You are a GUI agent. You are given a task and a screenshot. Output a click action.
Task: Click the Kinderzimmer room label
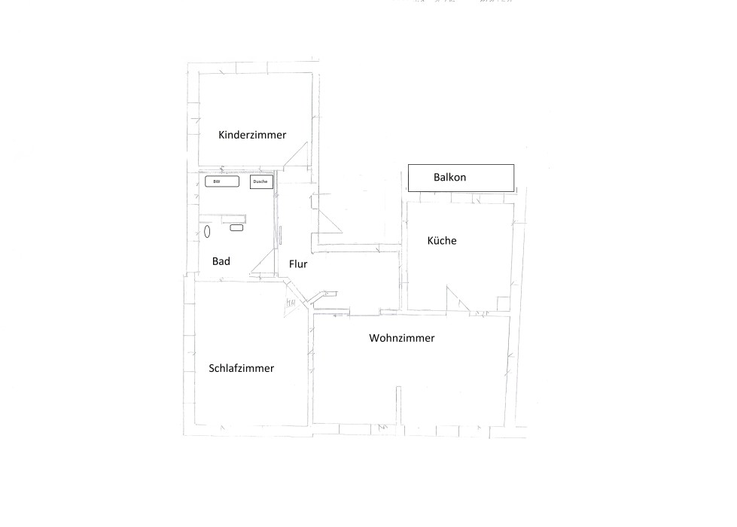click(252, 136)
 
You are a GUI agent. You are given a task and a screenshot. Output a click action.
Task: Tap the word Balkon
click(450, 178)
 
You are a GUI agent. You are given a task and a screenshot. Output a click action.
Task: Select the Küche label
click(442, 241)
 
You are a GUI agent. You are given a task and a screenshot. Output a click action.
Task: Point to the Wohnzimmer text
click(401, 339)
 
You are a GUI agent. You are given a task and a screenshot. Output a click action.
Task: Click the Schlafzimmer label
click(241, 368)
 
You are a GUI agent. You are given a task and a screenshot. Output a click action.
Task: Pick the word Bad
click(221, 261)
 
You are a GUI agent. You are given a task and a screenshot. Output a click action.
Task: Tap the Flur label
click(298, 264)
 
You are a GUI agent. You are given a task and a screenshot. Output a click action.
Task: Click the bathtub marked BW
click(222, 181)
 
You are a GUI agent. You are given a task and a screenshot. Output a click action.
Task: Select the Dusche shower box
click(260, 181)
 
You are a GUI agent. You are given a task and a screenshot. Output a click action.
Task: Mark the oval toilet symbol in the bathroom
click(207, 231)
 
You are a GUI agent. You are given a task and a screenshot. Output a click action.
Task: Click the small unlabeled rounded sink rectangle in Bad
click(236, 227)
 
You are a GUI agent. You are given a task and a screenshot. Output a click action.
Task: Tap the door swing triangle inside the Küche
click(455, 300)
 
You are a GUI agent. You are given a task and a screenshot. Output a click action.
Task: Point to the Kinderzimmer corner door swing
click(300, 157)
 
